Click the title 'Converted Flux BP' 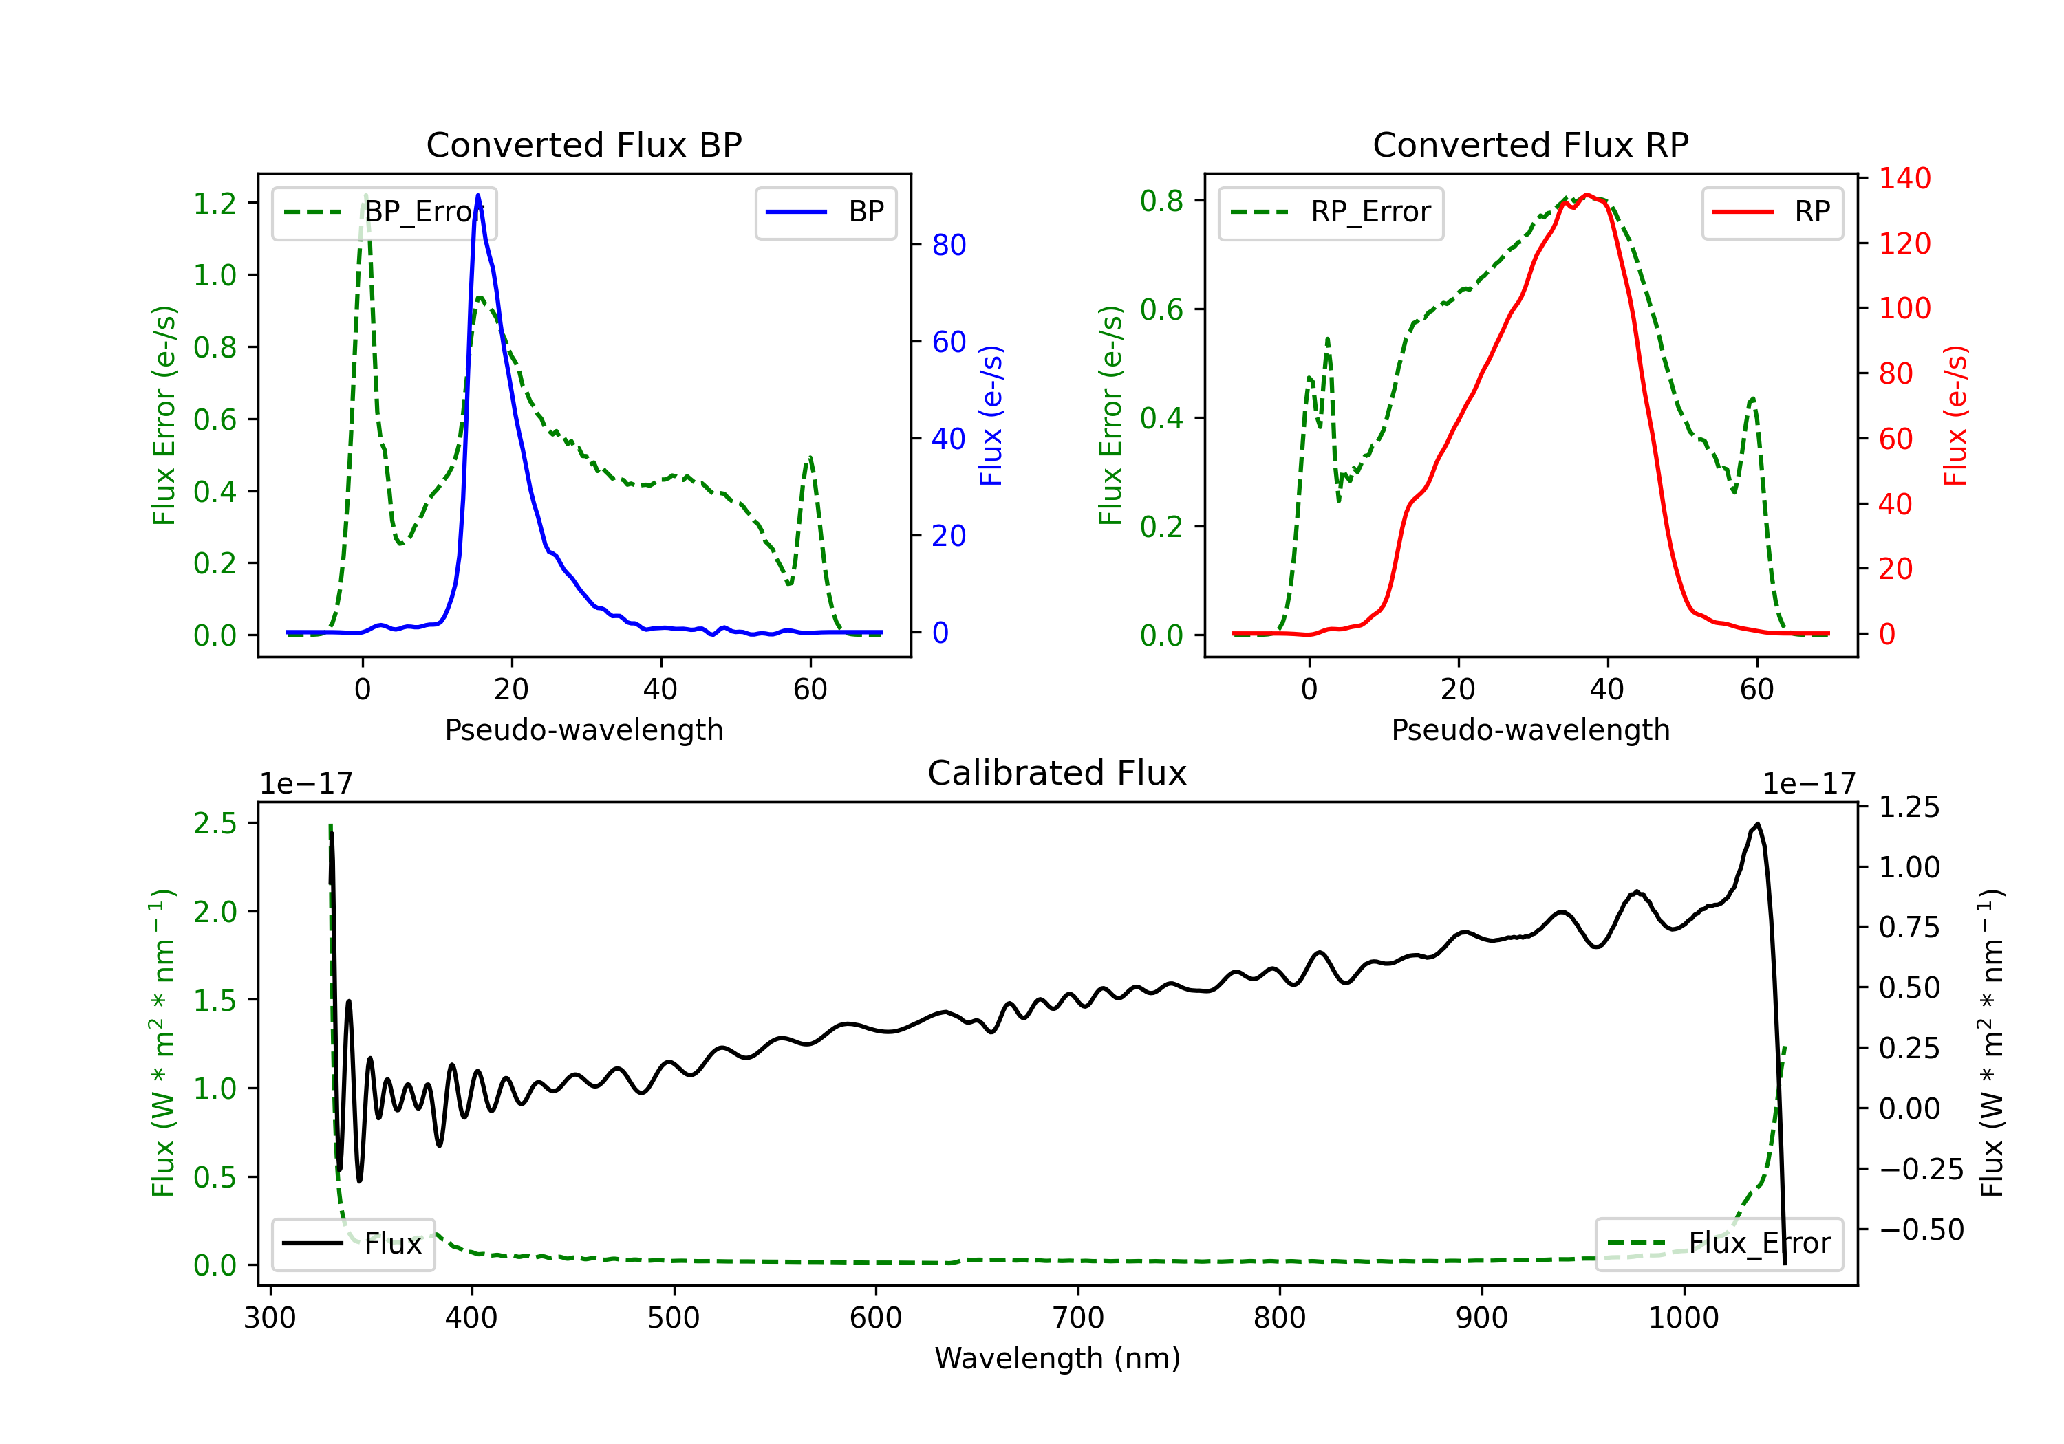583,144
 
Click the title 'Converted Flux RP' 1530,144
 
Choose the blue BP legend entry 825,212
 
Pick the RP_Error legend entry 1331,212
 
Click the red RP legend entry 1772,212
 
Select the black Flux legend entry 354,1244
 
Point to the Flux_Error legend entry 1718,1244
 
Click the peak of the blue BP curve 477,196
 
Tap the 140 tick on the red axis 1904,178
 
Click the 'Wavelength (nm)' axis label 1057,1358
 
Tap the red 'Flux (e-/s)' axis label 1955,415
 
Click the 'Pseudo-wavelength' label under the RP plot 1530,730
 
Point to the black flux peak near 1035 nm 1756,824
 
